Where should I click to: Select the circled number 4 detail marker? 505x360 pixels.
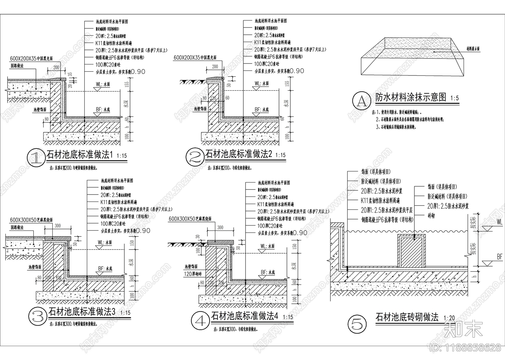click(x=200, y=321)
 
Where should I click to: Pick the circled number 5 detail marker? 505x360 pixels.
click(x=357, y=324)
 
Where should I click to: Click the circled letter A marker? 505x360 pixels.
click(x=362, y=101)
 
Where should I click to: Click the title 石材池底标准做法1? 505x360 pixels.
click(x=80, y=155)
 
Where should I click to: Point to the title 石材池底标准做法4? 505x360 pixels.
click(x=245, y=316)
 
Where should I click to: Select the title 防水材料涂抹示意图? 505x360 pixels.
click(x=411, y=97)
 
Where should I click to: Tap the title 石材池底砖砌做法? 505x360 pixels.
click(x=407, y=317)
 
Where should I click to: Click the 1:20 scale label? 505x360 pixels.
click(x=449, y=318)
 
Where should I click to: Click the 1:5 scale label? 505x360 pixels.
click(x=454, y=98)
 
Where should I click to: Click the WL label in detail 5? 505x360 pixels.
click(x=499, y=222)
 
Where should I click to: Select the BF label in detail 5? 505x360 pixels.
click(x=499, y=257)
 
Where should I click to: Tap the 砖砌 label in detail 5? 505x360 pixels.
click(x=431, y=216)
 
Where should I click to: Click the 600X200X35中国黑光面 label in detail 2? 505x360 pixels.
click(x=195, y=57)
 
